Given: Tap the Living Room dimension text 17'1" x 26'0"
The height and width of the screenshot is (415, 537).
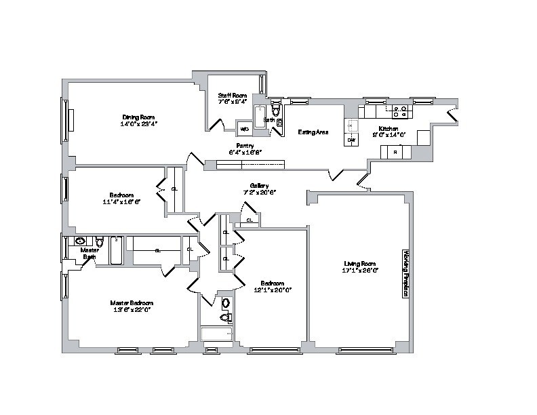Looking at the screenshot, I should point(359,270).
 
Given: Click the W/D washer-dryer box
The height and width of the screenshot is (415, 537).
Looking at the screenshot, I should point(244,128).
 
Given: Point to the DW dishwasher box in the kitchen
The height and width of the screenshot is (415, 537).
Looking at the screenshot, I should point(351,140).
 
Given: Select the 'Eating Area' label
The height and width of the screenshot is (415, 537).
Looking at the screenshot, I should point(313,132).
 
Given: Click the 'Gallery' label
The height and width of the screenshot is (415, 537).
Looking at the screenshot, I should point(259,185).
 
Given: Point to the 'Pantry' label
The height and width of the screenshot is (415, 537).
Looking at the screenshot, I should point(245,145).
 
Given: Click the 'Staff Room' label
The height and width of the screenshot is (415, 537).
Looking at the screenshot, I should point(231,96).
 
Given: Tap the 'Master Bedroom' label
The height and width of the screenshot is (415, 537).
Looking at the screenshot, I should point(132,302).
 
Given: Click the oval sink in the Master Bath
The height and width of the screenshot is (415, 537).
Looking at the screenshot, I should point(80,241).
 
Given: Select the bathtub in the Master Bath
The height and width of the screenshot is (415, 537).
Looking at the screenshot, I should point(117,250).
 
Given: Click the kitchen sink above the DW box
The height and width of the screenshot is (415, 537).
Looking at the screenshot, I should point(351,124).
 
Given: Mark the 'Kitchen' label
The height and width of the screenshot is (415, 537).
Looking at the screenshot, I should point(388,128).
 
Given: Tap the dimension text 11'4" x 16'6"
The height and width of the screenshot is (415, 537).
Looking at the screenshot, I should point(122,201).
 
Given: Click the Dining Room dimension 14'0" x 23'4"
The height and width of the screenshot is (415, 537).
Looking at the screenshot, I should point(136,124).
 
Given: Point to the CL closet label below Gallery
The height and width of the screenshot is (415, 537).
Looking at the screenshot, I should point(250,220).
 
